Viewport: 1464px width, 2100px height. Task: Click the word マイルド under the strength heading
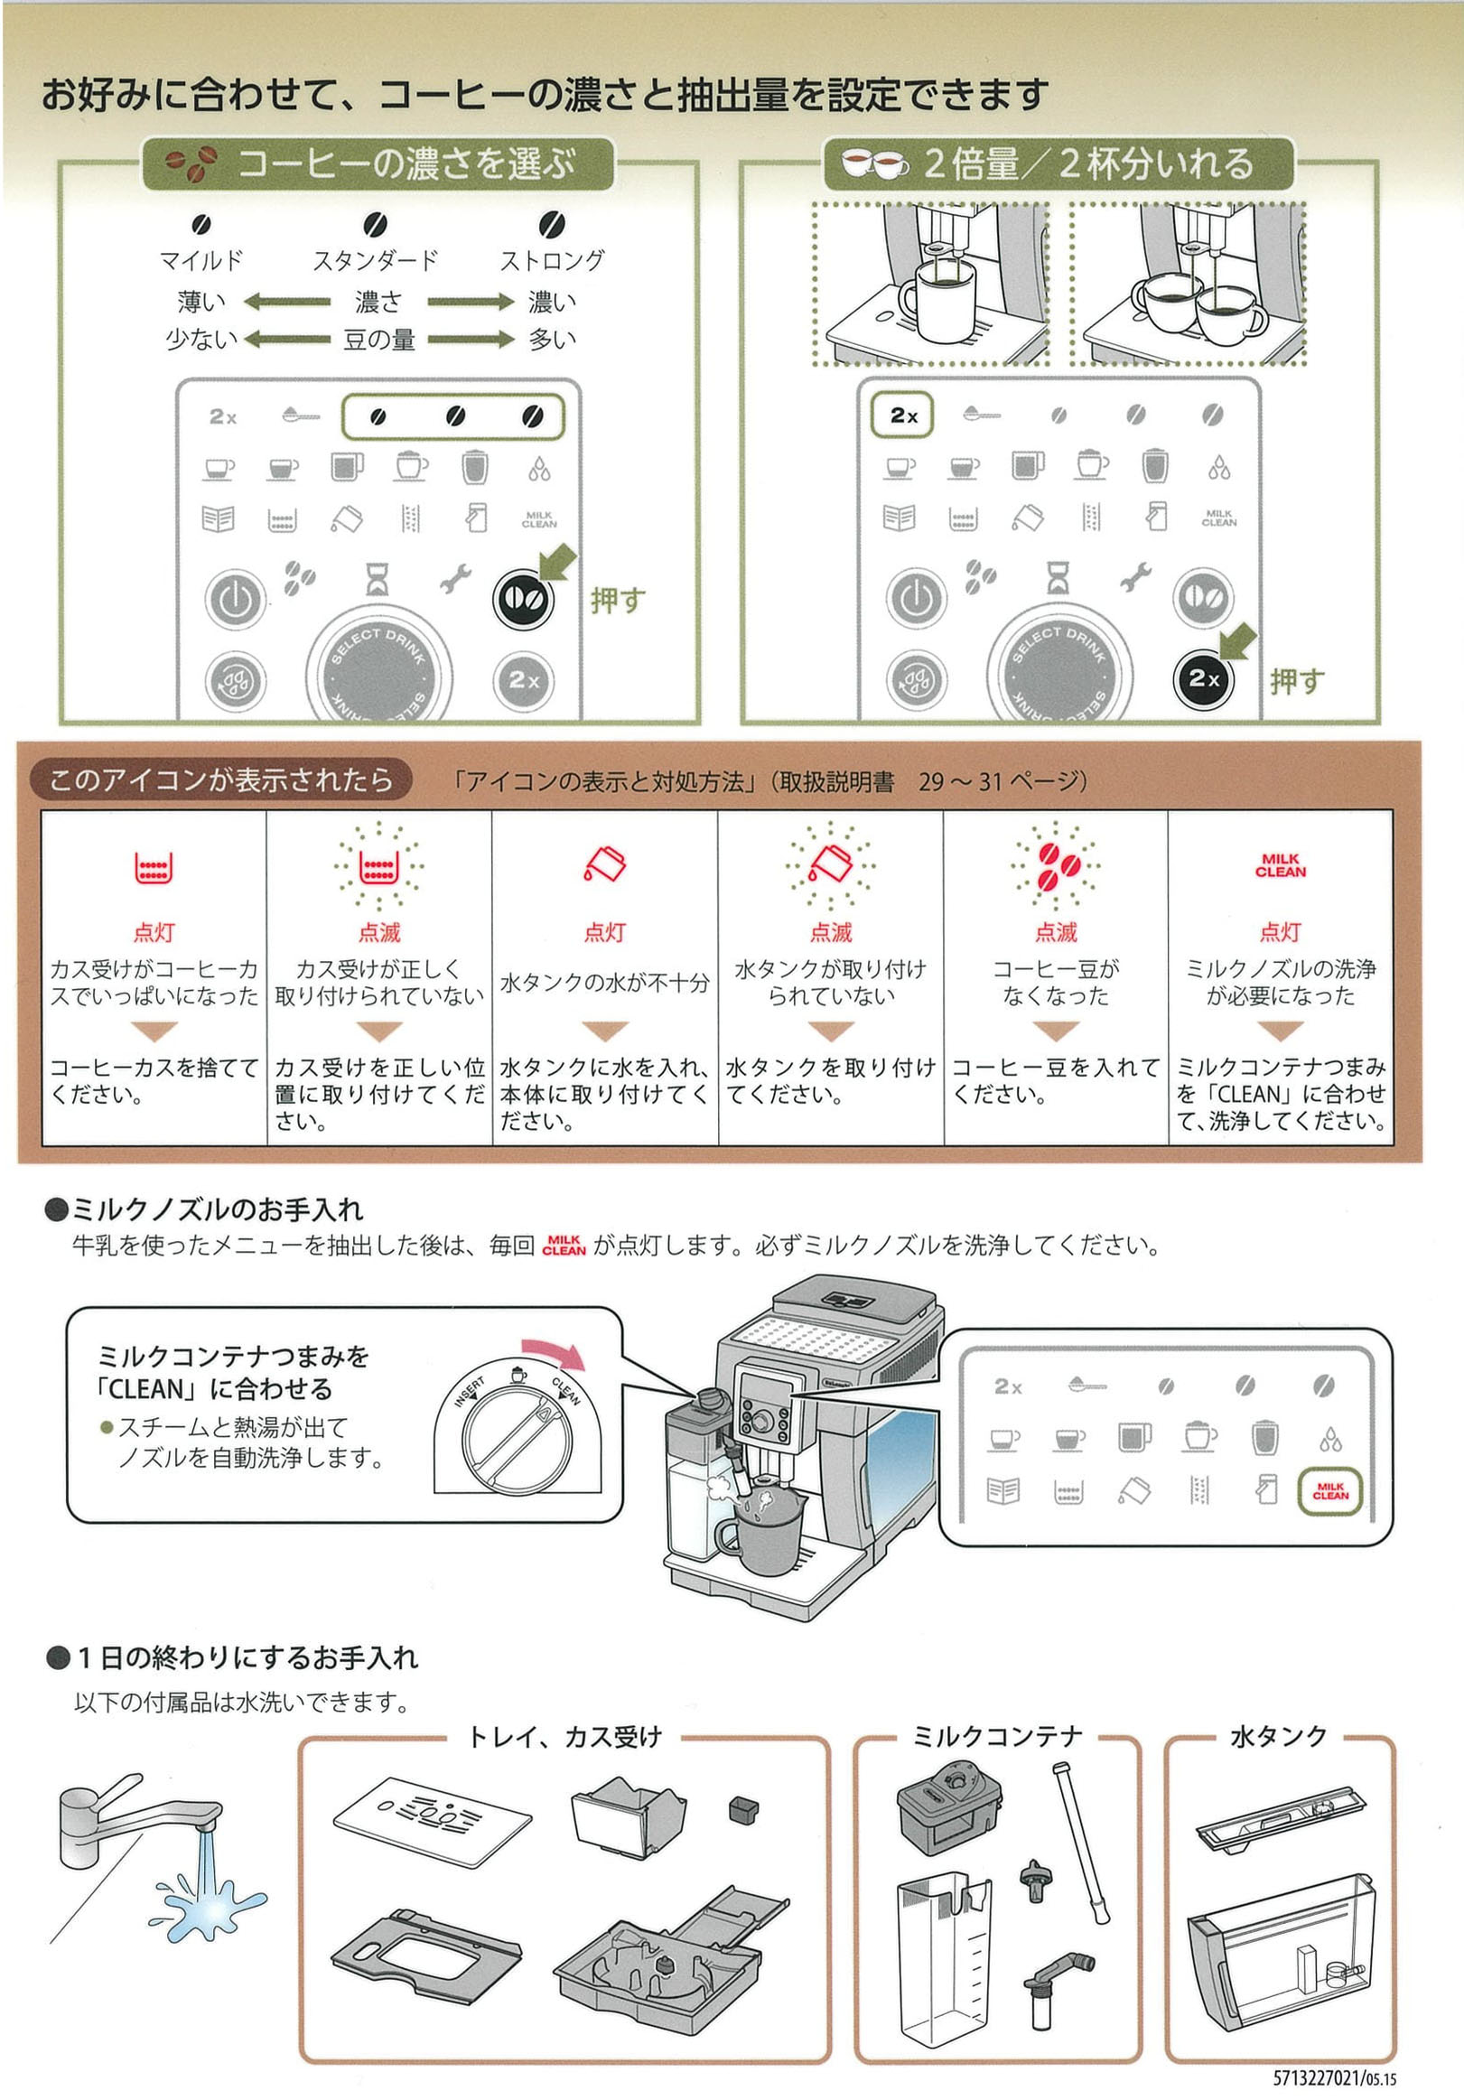(201, 261)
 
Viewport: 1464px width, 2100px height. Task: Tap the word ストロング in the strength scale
(552, 261)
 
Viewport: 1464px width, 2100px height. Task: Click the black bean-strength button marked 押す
(523, 599)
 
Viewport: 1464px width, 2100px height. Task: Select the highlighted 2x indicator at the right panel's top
(902, 415)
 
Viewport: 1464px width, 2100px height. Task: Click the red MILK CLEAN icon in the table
(1280, 865)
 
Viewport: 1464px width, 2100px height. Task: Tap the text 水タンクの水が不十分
(604, 984)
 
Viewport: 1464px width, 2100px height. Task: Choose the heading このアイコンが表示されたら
(220, 780)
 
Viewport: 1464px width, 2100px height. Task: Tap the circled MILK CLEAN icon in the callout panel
(1329, 1491)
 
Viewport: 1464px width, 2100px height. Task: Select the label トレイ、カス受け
(564, 1737)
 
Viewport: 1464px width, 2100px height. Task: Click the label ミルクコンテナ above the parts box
(997, 1737)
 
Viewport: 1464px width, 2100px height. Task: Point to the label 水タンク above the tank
(1278, 1737)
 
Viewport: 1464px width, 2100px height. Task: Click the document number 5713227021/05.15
(1334, 2078)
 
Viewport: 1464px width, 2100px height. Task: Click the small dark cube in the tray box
(743, 1808)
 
